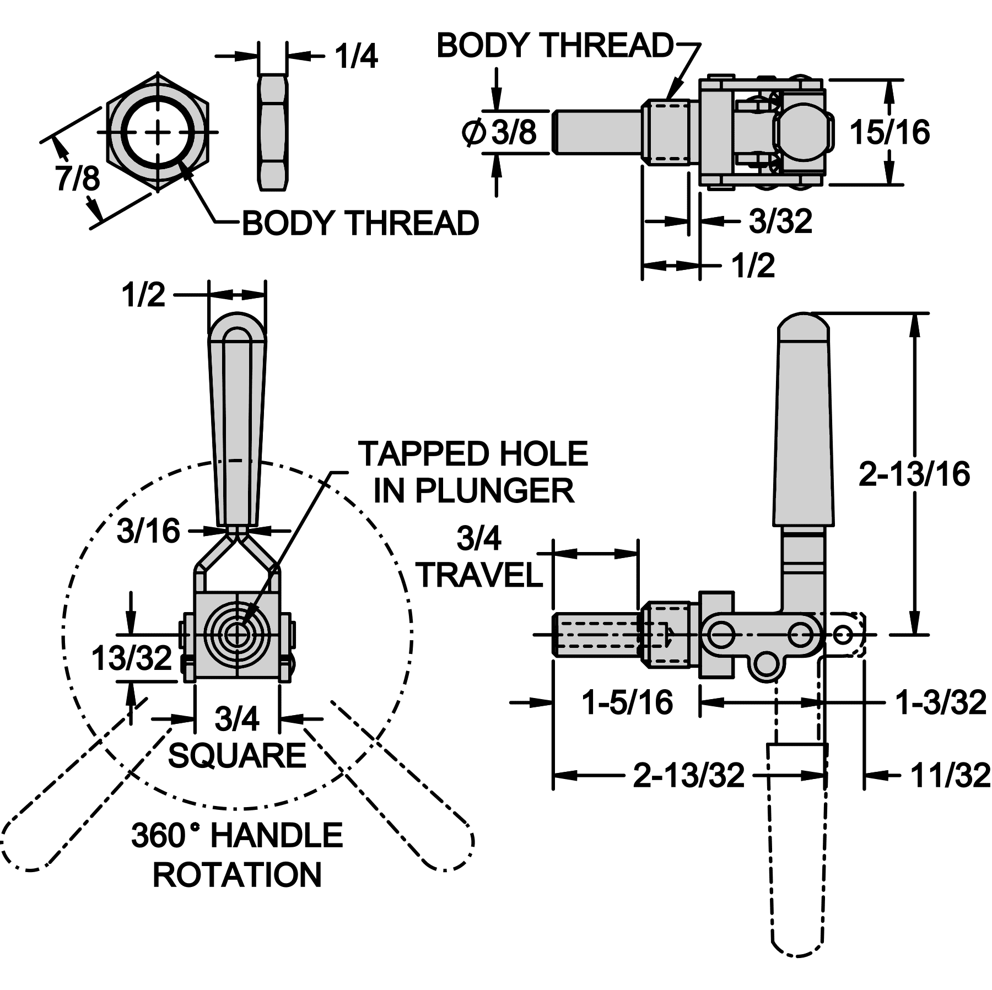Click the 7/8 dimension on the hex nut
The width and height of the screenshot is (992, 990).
point(78,178)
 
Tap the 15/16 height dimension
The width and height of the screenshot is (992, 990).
point(889,132)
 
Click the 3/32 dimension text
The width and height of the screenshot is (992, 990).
point(780,221)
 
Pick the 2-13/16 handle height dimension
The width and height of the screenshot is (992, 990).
point(914,474)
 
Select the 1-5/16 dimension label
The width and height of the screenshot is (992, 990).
point(628,702)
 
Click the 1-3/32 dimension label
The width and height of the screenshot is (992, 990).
point(940,702)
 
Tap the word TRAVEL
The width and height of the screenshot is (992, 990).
point(480,575)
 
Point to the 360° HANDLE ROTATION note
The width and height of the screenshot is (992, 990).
point(237,854)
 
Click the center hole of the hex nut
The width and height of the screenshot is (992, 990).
point(159,132)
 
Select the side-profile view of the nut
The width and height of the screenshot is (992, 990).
point(273,132)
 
